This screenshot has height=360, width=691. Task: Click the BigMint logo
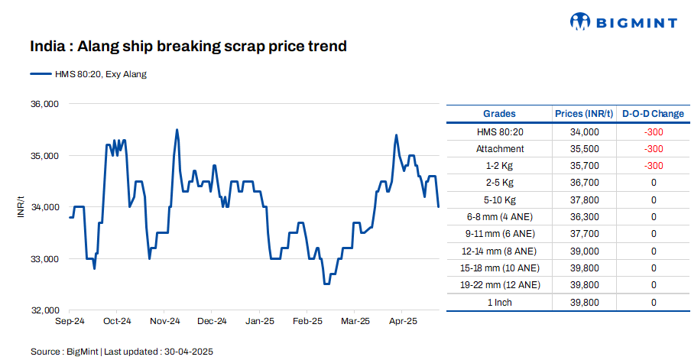[623, 22]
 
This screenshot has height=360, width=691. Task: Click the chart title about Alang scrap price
[188, 47]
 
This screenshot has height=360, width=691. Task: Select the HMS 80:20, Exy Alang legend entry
[88, 74]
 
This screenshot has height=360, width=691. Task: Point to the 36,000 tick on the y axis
[44, 104]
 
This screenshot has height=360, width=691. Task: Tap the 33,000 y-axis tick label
[44, 259]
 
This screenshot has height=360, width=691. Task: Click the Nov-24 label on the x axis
[164, 321]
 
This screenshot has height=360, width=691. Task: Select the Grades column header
[500, 114]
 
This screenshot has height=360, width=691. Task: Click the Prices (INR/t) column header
[584, 114]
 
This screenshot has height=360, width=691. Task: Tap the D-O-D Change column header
[653, 114]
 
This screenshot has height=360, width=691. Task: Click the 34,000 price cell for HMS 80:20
[584, 131]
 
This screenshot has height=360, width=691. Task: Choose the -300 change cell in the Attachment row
[653, 148]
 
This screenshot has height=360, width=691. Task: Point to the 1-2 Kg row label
[500, 165]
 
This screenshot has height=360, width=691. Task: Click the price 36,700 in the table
[584, 183]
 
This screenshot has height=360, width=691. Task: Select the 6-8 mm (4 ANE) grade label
[500, 217]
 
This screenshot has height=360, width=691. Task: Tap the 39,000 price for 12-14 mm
[584, 251]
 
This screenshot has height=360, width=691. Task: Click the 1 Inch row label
[500, 302]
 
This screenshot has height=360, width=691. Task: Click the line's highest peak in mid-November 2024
[177, 130]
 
